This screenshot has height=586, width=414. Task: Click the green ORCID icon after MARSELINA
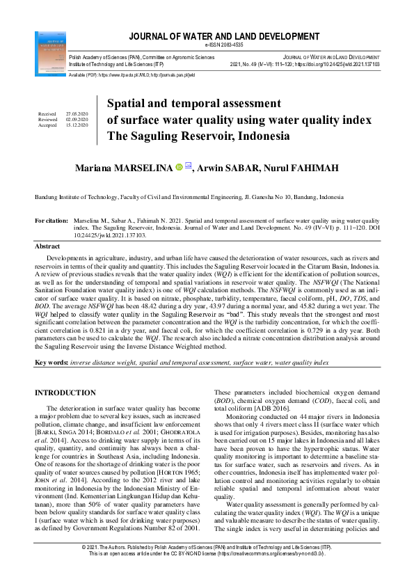[178, 168]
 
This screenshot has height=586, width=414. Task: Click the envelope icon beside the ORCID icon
[189, 167]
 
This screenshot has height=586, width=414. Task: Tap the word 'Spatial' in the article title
[126, 104]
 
